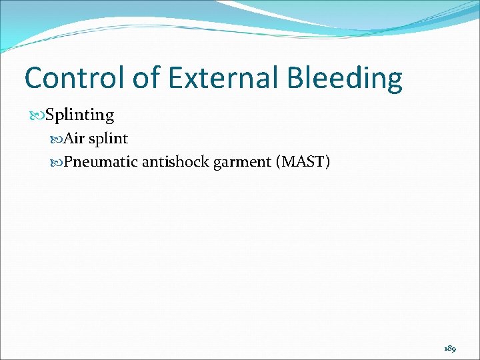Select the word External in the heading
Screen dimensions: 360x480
click(224, 78)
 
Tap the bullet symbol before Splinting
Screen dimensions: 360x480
click(37, 115)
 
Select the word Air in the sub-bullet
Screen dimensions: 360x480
click(74, 139)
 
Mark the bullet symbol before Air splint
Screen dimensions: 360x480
click(57, 139)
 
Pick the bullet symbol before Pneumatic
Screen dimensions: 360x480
click(57, 161)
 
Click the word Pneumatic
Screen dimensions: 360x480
click(100, 161)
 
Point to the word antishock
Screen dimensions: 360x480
click(175, 161)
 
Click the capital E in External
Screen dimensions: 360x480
click(176, 78)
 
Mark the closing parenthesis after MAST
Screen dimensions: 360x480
click(327, 161)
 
